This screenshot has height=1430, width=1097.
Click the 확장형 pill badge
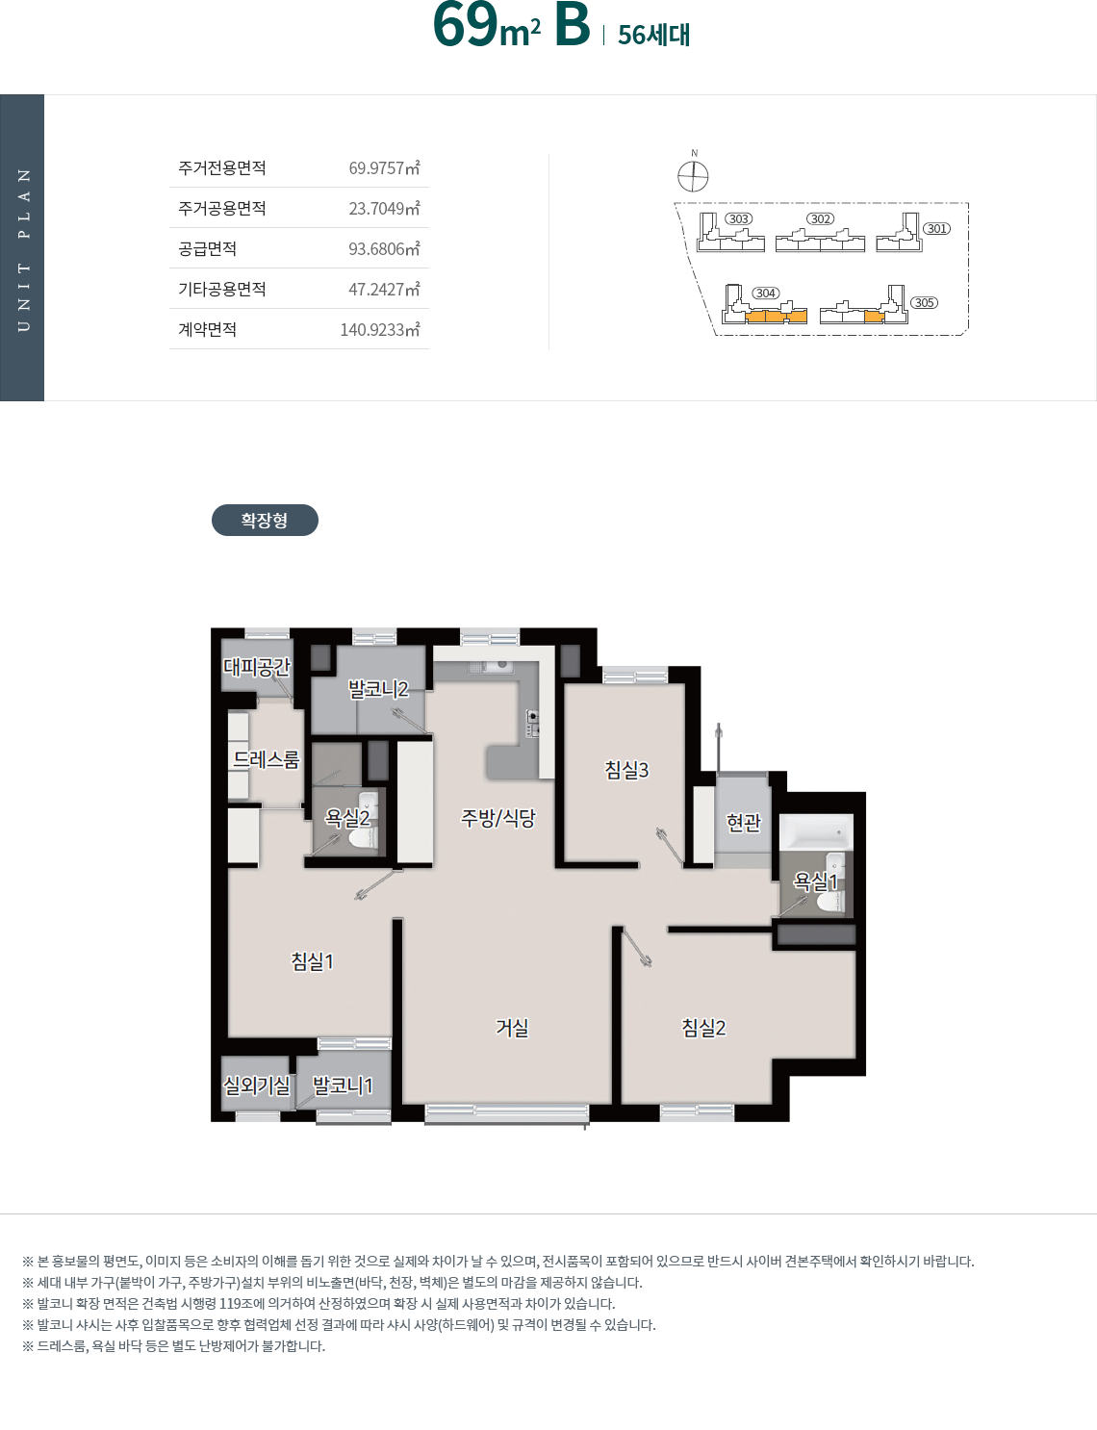point(265,520)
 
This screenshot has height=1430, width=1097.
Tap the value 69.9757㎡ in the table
point(384,167)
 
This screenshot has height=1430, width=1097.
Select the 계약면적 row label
point(207,329)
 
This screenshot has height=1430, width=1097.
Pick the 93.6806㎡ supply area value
point(384,248)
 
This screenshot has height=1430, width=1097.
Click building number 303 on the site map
point(738,218)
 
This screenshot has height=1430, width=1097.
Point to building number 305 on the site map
point(924,302)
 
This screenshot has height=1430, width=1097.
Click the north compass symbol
point(693,176)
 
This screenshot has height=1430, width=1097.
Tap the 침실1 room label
point(313,961)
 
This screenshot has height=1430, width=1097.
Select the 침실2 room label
point(703,1027)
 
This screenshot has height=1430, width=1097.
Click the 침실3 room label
point(626,769)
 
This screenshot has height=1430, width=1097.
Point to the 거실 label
point(512,1027)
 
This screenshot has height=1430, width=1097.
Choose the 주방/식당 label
point(498,818)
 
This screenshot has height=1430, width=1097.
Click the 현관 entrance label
point(744,822)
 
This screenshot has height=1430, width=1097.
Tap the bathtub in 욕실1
point(816,831)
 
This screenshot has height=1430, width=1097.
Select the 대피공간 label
point(257,667)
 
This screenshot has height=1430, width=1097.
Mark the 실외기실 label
point(257,1085)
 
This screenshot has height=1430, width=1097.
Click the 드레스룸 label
point(266,759)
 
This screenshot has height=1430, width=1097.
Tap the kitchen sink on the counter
point(490,667)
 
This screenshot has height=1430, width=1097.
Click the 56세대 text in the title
point(653,35)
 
